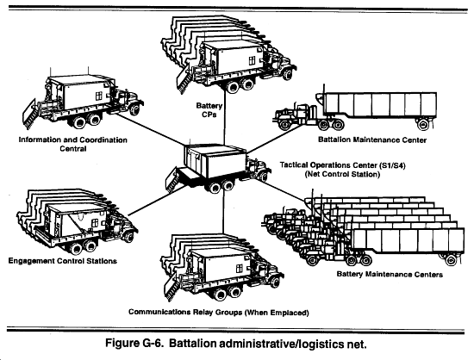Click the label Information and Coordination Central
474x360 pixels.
[73, 144]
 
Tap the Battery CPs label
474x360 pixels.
[209, 110]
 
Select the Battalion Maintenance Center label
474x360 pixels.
[372, 140]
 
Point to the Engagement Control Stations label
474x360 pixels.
[63, 261]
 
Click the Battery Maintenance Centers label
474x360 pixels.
[390, 274]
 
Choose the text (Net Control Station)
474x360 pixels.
[342, 174]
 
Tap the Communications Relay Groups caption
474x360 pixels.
[219, 312]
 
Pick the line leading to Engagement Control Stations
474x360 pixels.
[156, 200]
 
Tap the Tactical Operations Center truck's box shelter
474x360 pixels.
[215, 161]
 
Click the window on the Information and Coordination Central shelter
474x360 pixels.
[98, 96]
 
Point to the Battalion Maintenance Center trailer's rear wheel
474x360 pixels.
[423, 124]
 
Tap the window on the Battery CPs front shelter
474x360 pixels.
[252, 60]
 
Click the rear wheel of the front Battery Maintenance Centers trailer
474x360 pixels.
[451, 259]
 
